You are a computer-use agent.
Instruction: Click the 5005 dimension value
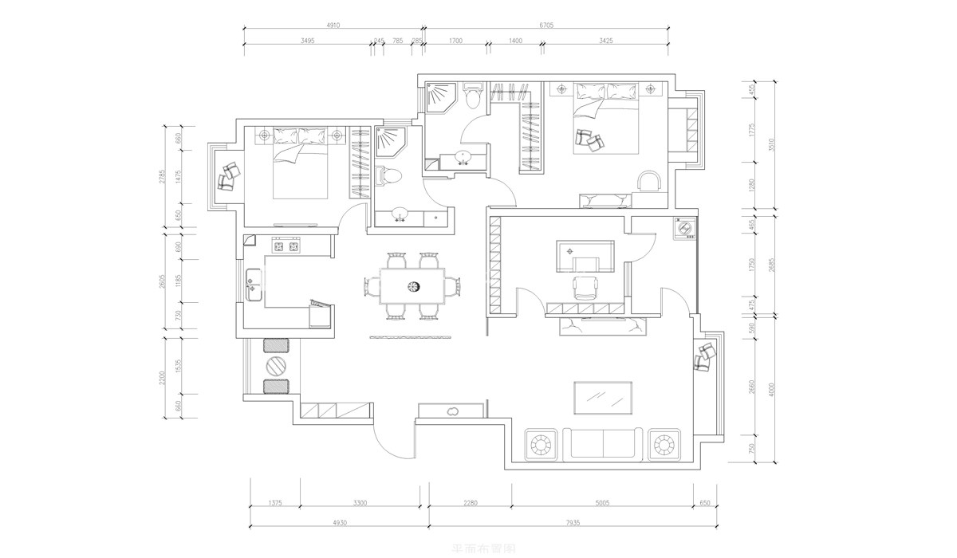click(602, 503)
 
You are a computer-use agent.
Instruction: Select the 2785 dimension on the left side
click(162, 177)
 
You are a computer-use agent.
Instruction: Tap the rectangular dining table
click(412, 285)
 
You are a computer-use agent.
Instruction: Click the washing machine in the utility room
click(683, 230)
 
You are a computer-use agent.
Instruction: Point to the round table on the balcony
click(276, 366)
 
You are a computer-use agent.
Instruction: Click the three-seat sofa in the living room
click(602, 442)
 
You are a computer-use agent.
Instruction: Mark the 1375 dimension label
click(275, 503)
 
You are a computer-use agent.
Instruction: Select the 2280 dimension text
click(470, 503)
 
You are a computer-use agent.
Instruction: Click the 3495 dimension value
click(306, 40)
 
